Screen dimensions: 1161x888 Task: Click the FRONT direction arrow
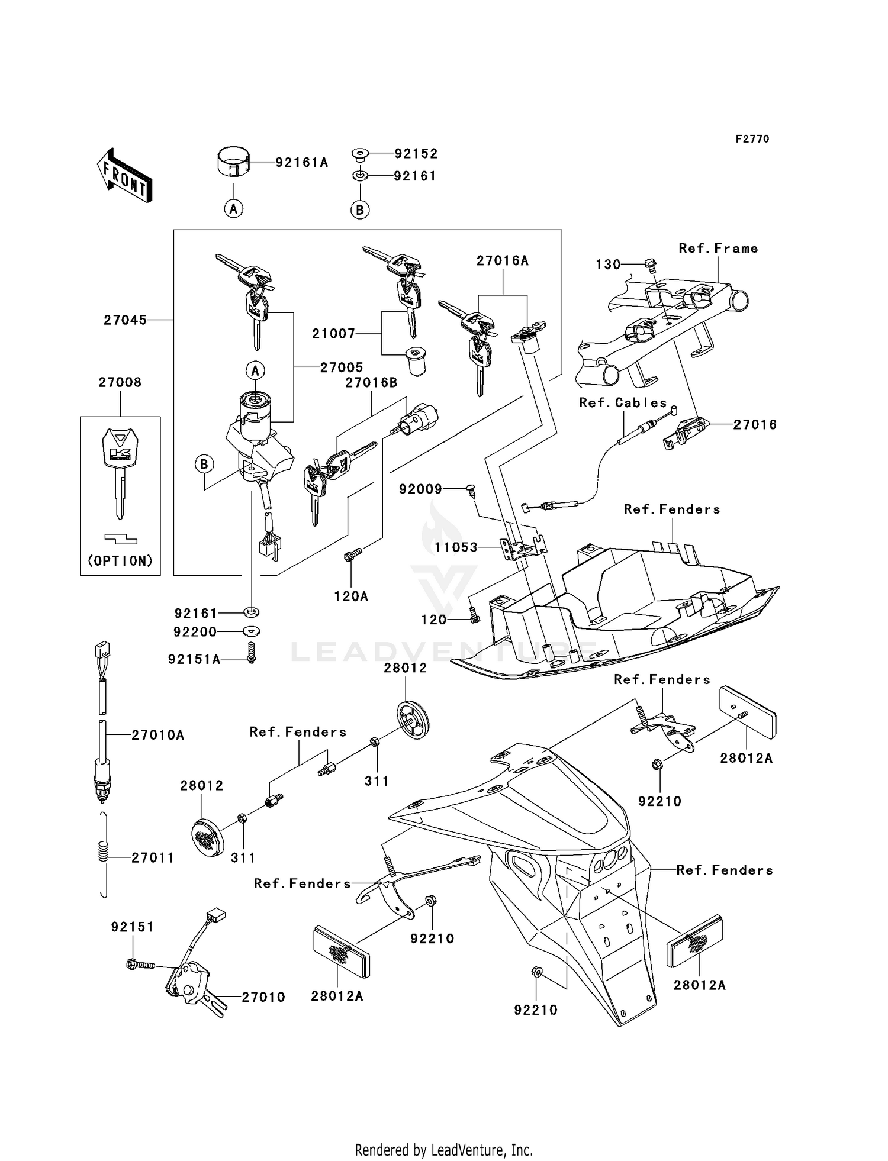pyautogui.click(x=125, y=176)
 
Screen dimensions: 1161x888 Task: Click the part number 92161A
pyautogui.click(x=301, y=163)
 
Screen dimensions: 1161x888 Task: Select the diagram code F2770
pyautogui.click(x=752, y=139)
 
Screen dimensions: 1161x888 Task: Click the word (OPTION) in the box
pyautogui.click(x=120, y=560)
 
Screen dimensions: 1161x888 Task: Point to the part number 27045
pyautogui.click(x=125, y=320)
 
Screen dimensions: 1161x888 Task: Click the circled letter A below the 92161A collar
pyautogui.click(x=234, y=208)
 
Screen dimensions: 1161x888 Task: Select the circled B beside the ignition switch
pyautogui.click(x=204, y=465)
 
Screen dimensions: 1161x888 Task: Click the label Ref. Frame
pyautogui.click(x=718, y=249)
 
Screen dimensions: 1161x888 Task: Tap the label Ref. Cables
pyautogui.click(x=623, y=403)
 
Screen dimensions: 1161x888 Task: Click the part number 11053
pyautogui.click(x=455, y=547)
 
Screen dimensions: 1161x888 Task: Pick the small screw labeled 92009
pyautogui.click(x=471, y=489)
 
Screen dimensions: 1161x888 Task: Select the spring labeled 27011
pyautogui.click(x=104, y=855)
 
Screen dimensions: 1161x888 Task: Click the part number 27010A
pyautogui.click(x=157, y=735)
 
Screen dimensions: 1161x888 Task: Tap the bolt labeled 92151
pyautogui.click(x=140, y=965)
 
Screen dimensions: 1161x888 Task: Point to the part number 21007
pyautogui.click(x=333, y=334)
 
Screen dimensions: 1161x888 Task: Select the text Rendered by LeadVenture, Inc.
pyautogui.click(x=443, y=1150)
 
